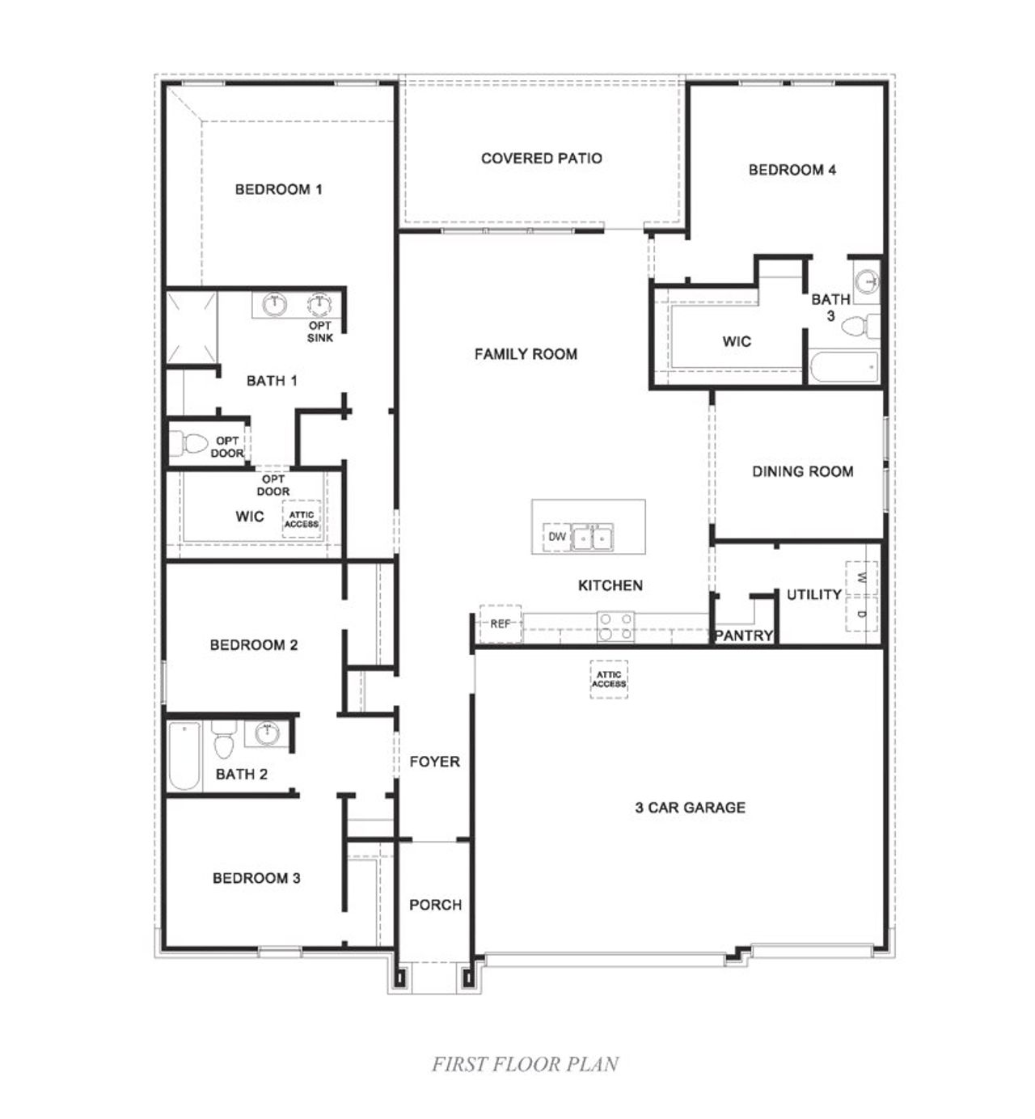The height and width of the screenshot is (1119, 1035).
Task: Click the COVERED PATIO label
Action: pyautogui.click(x=541, y=158)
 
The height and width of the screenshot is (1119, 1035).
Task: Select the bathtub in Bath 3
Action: pyautogui.click(x=843, y=367)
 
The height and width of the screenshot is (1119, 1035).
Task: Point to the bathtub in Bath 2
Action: pyautogui.click(x=184, y=756)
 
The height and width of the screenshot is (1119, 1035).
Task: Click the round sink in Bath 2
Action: pyautogui.click(x=267, y=734)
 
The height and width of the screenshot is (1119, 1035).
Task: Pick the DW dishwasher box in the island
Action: pyautogui.click(x=557, y=537)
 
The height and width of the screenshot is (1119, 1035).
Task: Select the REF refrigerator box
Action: pyautogui.click(x=501, y=623)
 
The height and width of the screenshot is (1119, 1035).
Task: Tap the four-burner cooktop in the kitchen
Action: pyautogui.click(x=615, y=627)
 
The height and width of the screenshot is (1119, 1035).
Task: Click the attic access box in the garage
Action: pyautogui.click(x=608, y=679)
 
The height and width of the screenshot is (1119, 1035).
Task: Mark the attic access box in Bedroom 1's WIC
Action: pyautogui.click(x=301, y=519)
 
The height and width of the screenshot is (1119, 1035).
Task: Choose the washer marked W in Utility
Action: pyautogui.click(x=861, y=577)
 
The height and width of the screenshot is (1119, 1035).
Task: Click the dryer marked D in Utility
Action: pyautogui.click(x=861, y=615)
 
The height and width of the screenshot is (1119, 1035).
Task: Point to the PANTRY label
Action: pyautogui.click(x=743, y=636)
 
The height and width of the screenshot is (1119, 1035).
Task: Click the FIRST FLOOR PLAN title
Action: pyautogui.click(x=525, y=1064)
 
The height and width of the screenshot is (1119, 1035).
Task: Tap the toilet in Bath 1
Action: pyautogui.click(x=190, y=444)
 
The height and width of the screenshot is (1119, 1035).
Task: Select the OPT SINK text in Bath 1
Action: pyautogui.click(x=320, y=331)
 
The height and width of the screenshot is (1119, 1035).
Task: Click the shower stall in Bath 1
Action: pyautogui.click(x=192, y=327)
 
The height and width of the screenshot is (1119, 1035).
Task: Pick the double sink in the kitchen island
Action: pyautogui.click(x=592, y=537)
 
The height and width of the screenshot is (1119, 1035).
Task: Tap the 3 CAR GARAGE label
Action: pyautogui.click(x=690, y=807)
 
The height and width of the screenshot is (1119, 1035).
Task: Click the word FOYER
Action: pyautogui.click(x=434, y=762)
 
